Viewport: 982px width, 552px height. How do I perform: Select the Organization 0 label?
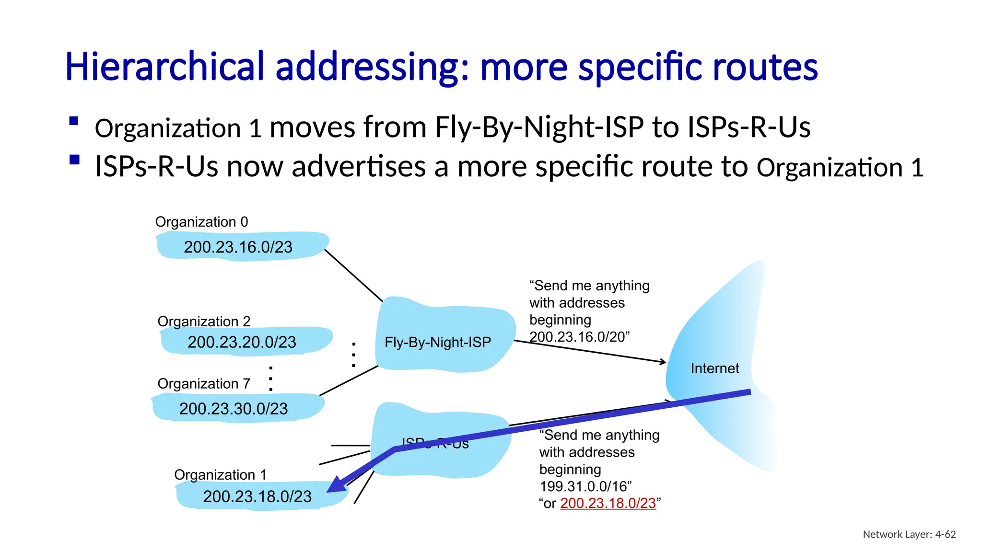coord(201,222)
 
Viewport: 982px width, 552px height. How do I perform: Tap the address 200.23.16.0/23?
coord(238,247)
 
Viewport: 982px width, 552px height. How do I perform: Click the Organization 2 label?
coord(204,321)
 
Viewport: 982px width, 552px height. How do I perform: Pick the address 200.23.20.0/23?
coord(242,342)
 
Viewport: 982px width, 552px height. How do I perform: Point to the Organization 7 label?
coord(204,384)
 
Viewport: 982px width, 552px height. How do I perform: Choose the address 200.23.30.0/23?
coord(234,409)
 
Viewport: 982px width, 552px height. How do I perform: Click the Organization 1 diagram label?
coord(220,475)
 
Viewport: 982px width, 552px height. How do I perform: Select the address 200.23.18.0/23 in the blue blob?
coord(257,496)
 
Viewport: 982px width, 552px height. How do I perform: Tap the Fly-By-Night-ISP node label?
coord(438,342)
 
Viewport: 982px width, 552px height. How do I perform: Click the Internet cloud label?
coord(714,368)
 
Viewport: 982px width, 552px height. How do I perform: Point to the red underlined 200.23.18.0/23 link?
coord(608,503)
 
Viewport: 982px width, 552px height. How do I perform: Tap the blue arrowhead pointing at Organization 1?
coord(336,485)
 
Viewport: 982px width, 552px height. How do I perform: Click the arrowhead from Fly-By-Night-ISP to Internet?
coord(663,362)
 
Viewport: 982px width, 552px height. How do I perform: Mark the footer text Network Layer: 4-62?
coord(909,534)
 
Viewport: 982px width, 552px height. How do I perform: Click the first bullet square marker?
coord(74,121)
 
